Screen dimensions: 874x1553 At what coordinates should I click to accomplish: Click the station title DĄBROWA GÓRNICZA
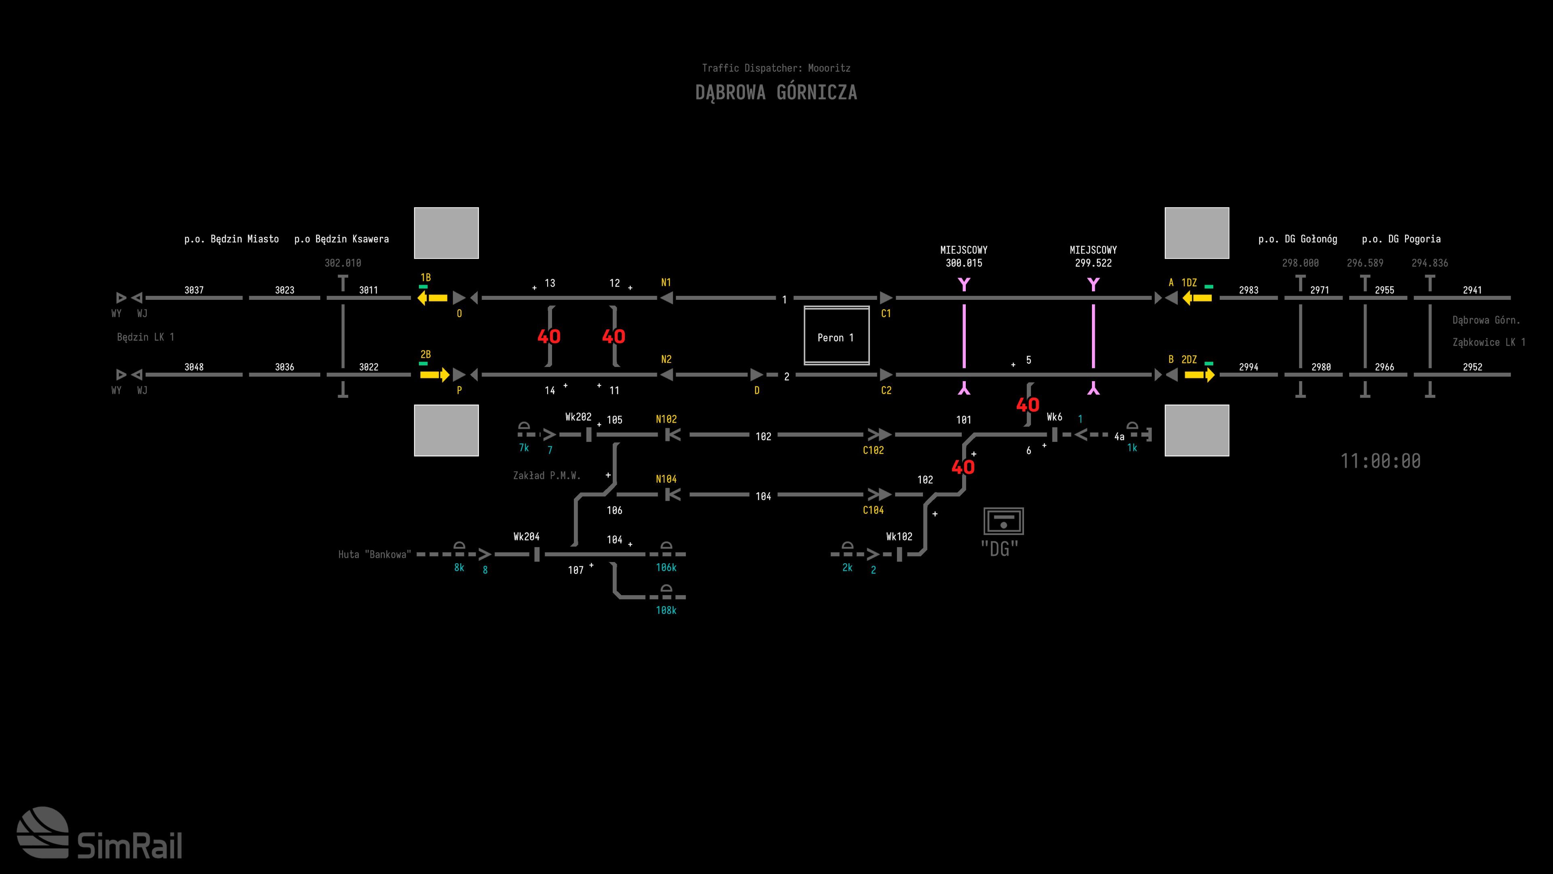(x=776, y=92)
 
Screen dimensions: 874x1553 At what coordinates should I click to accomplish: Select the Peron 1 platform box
(x=836, y=337)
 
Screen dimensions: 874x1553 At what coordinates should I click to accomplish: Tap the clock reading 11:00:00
(x=1380, y=461)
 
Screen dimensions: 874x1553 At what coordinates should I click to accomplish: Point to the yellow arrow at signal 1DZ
(x=1197, y=298)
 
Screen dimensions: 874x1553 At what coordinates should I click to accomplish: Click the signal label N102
(x=666, y=419)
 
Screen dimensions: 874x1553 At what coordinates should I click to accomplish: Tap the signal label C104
(x=873, y=510)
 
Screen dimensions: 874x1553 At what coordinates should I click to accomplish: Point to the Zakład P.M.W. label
(x=547, y=475)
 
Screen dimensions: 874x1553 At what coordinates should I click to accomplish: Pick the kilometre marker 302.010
(x=343, y=263)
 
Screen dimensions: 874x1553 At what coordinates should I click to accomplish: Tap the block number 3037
(x=194, y=290)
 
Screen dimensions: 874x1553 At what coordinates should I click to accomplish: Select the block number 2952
(x=1472, y=367)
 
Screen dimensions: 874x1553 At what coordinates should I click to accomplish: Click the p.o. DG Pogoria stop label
(x=1401, y=239)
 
